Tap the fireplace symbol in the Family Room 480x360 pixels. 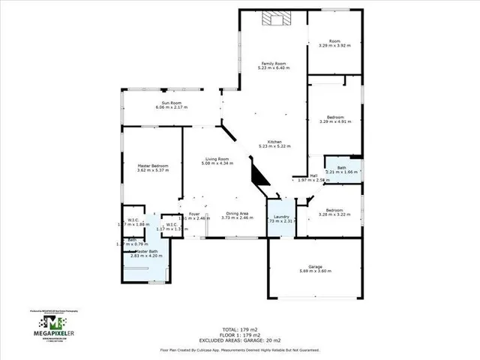click(x=270, y=21)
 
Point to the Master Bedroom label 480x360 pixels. click(x=153, y=167)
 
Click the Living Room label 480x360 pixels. click(x=217, y=160)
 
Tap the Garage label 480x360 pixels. click(x=314, y=268)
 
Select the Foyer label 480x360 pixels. click(x=194, y=215)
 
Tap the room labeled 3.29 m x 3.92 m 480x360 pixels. click(x=334, y=43)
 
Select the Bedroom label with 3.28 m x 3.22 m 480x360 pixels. click(x=334, y=212)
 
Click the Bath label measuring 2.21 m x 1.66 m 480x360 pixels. click(x=341, y=169)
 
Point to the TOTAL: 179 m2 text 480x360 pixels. click(x=240, y=328)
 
